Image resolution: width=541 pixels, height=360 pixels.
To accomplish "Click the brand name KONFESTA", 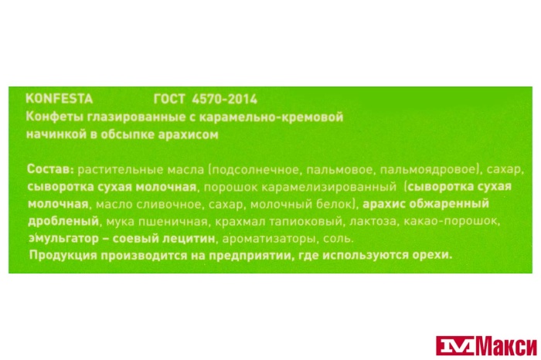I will (59, 99).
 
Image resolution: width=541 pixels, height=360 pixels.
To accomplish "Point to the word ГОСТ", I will (170, 99).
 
